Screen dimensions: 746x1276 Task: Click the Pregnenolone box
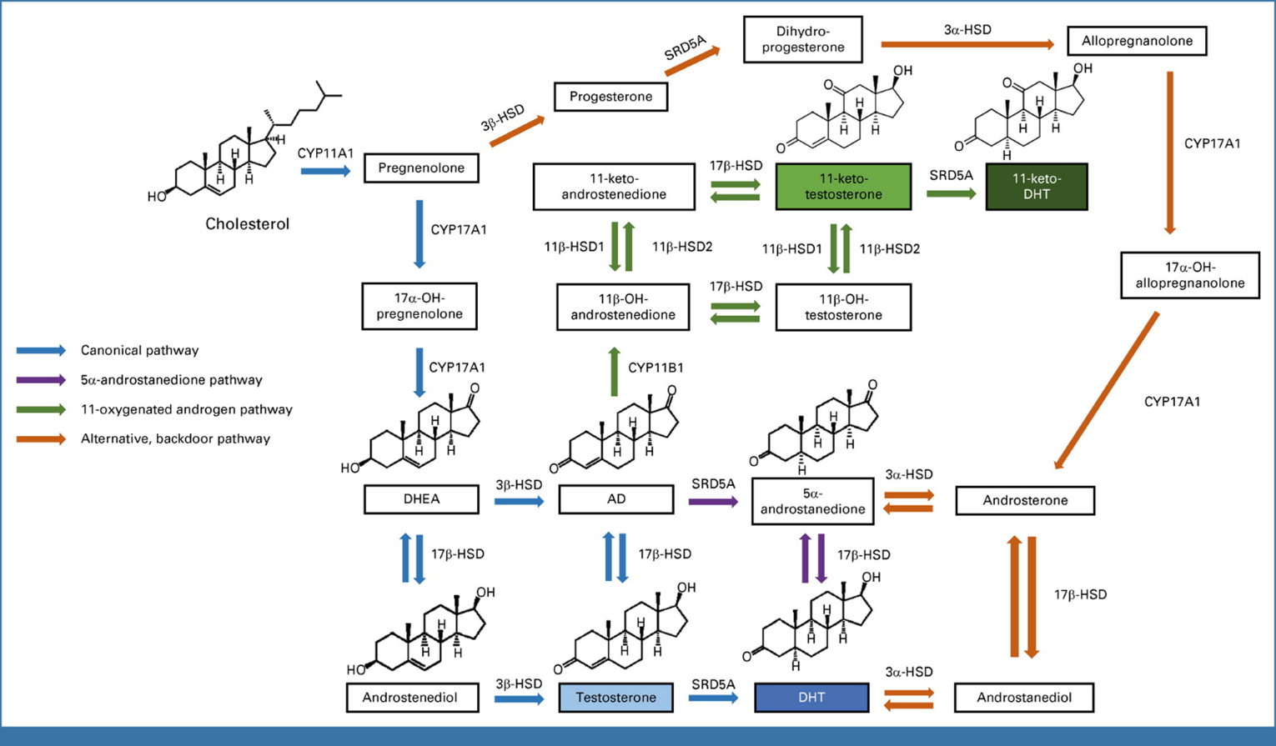[421, 168]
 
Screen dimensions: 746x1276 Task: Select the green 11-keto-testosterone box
[843, 187]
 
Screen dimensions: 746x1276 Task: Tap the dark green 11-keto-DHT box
[1036, 187]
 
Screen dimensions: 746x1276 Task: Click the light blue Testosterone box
[615, 698]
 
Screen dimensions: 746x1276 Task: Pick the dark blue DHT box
[811, 698]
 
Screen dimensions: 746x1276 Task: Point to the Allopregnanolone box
[1137, 41]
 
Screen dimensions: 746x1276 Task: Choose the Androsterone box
[1025, 501]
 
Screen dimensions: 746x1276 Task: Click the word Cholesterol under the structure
[248, 223]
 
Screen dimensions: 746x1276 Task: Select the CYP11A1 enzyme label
[325, 153]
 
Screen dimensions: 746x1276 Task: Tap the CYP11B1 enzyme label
[656, 368]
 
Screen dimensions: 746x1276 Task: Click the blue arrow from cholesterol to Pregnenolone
[325, 171]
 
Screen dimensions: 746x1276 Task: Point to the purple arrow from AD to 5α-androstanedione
[713, 502]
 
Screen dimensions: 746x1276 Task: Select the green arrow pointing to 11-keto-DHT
[951, 193]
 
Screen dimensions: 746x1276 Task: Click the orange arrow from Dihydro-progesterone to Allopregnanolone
[967, 44]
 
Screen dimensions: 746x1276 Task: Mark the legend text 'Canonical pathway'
[139, 351]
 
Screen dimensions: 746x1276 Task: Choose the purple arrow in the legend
[41, 380]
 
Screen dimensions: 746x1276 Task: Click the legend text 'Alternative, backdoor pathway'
[175, 438]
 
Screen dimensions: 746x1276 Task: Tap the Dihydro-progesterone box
[802, 39]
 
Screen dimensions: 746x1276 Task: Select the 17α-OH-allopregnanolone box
[1189, 275]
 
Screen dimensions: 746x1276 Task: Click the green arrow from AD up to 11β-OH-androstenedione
[615, 372]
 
